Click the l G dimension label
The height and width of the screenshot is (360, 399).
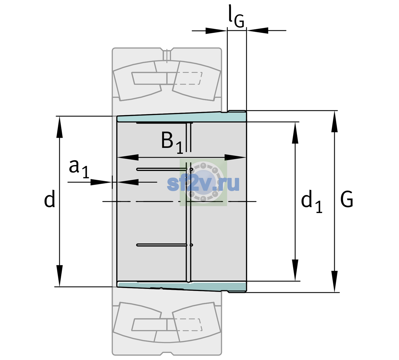(x=236, y=16)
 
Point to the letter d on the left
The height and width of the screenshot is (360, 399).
(x=49, y=198)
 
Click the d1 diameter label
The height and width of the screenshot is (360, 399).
(x=312, y=201)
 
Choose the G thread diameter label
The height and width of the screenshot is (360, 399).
(x=347, y=199)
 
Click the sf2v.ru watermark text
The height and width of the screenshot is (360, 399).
(x=203, y=184)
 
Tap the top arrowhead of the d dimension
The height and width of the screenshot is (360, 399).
(x=59, y=127)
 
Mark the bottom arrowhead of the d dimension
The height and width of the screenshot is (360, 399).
(x=59, y=276)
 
